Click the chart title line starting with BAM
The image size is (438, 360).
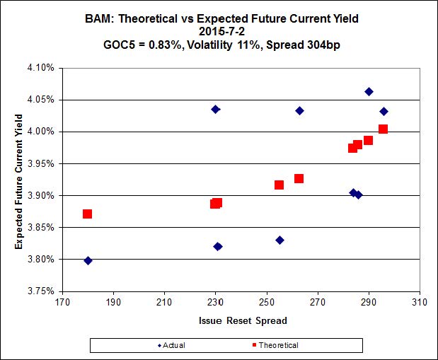219,18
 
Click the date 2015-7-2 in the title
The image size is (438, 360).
219,31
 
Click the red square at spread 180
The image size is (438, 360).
87,214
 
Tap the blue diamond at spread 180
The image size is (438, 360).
88,260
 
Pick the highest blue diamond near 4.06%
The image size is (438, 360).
369,91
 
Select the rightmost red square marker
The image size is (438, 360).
383,129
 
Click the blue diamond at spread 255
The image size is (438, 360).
279,240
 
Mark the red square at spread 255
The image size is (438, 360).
279,185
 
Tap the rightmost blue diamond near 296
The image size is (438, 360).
384,111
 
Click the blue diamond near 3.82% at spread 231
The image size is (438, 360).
218,246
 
